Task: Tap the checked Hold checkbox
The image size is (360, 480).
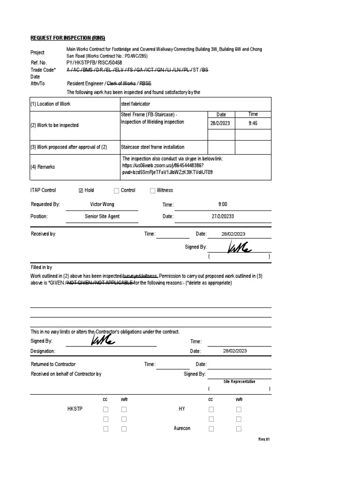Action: pos(82,190)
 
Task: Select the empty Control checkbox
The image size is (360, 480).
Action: pos(116,190)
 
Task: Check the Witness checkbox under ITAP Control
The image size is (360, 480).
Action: pos(152,190)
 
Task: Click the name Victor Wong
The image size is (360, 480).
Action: pos(102,204)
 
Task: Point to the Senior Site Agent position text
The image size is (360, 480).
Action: pos(102,217)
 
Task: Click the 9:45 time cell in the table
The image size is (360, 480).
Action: pos(252,123)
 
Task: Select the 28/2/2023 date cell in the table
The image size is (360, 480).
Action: pos(221,123)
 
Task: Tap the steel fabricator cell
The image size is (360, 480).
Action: pos(135,104)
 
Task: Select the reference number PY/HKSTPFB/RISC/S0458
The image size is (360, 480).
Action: pos(95,62)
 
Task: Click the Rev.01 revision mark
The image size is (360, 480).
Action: pos(264,439)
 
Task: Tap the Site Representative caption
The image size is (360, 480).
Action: pos(239,382)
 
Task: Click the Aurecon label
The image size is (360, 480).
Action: pos(182,428)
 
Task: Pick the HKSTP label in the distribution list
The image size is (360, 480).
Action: pos(75,409)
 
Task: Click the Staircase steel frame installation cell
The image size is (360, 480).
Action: pos(152,147)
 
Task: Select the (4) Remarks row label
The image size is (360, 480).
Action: pos(43,167)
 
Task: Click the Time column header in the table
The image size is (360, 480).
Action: pos(252,114)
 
